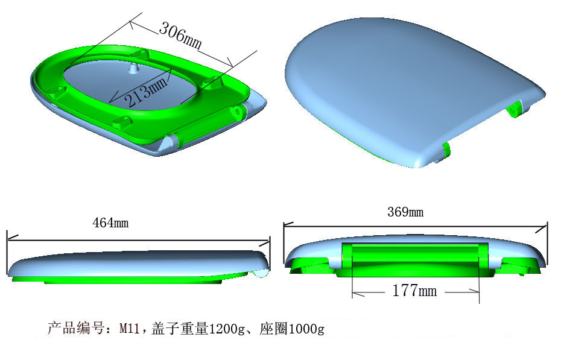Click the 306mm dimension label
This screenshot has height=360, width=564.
pos(180,36)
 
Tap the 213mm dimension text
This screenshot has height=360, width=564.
pos(145,89)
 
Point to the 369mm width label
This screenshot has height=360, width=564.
pos(405,212)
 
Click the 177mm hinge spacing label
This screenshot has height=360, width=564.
pos(414,291)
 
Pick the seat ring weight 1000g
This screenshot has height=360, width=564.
pos(306,329)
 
